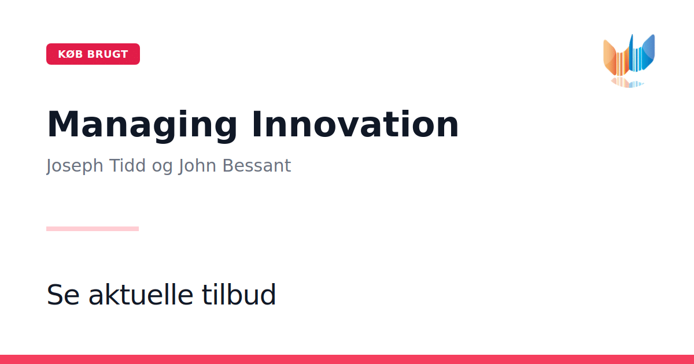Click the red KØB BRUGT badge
click(93, 54)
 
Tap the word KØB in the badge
click(71, 54)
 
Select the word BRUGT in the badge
click(108, 54)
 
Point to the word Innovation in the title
click(355, 124)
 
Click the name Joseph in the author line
click(75, 166)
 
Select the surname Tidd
click(127, 165)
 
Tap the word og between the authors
click(162, 168)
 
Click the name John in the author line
click(197, 166)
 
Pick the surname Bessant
click(257, 166)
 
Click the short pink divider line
click(93, 229)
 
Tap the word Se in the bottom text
click(63, 295)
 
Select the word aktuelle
click(141, 294)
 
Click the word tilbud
click(238, 294)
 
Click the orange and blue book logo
click(629, 61)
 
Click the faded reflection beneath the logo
click(627, 83)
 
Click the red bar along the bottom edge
click(347, 359)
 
